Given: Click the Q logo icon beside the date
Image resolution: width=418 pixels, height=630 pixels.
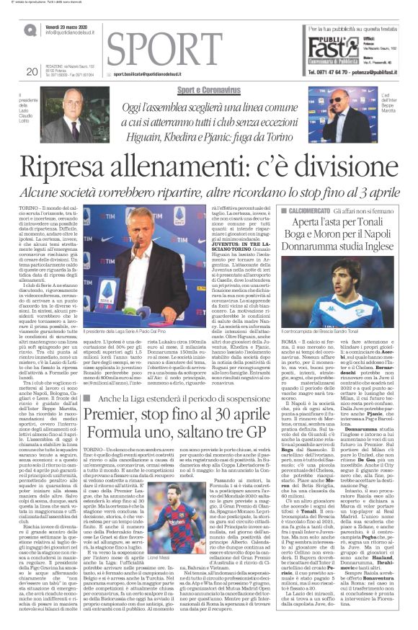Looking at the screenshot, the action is pyautogui.click(x=30, y=30).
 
